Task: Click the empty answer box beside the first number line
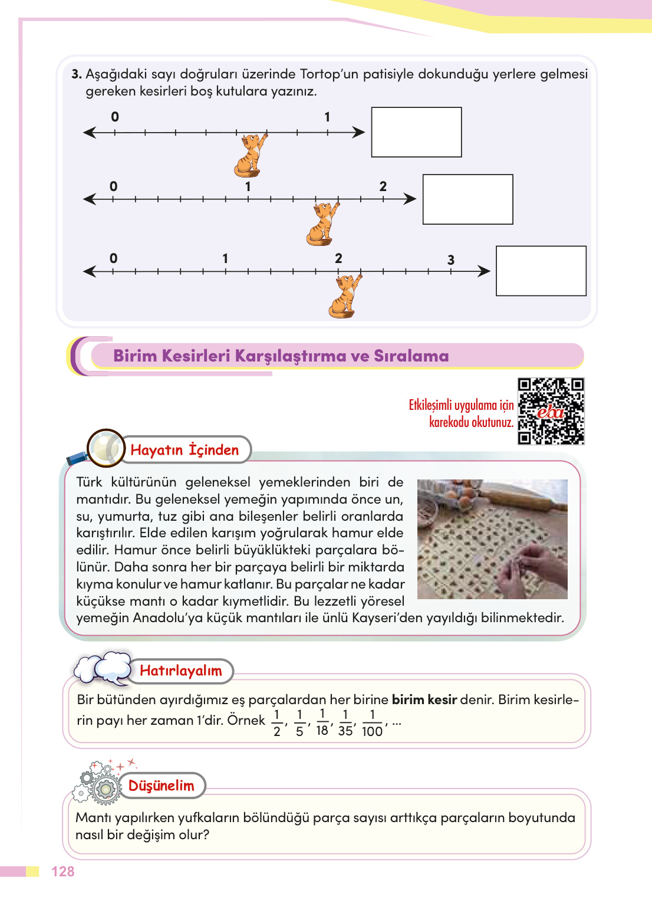(x=416, y=132)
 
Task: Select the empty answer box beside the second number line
(x=467, y=199)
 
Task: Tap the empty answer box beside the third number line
(x=541, y=271)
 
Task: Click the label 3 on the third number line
(x=451, y=260)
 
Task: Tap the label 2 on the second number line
(x=383, y=186)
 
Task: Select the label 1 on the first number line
(x=327, y=117)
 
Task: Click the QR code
(x=551, y=411)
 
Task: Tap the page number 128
(x=63, y=872)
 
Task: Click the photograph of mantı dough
(x=492, y=539)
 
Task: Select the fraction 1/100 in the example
(x=372, y=723)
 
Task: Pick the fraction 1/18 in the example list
(x=322, y=722)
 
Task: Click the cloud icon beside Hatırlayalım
(x=103, y=668)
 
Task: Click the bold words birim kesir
(x=424, y=699)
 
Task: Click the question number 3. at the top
(x=77, y=74)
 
